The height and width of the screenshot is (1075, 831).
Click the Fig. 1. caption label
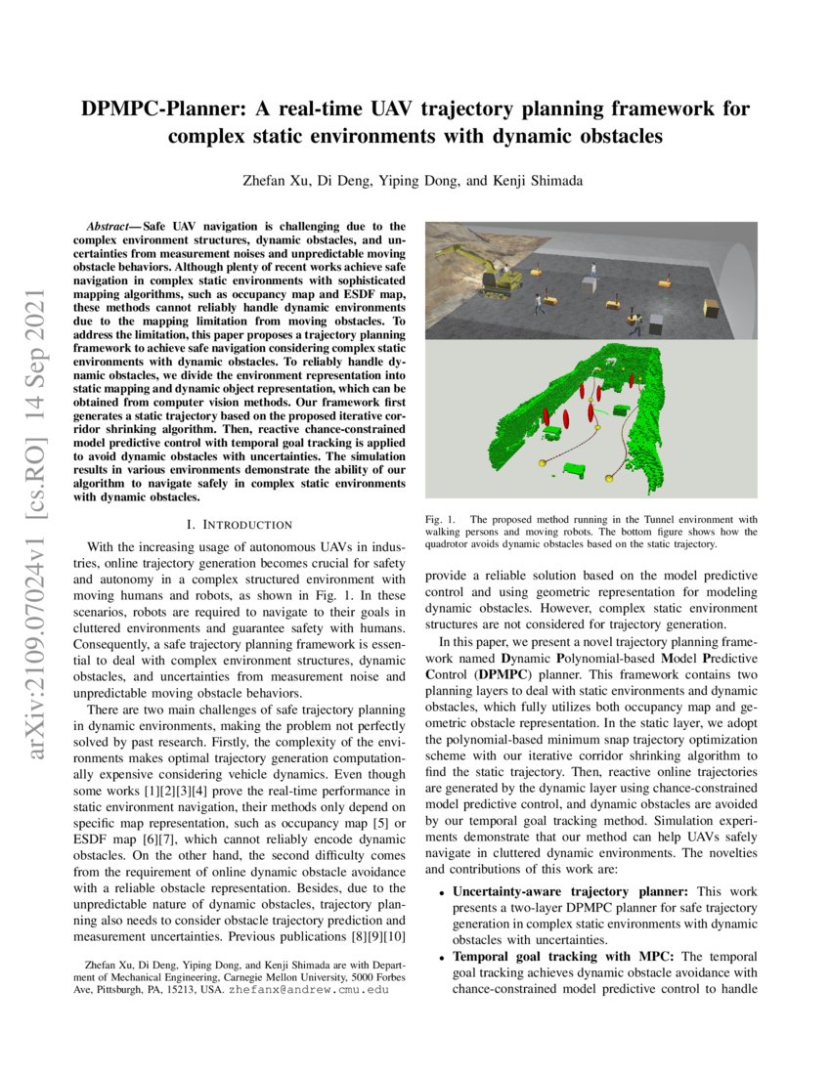439,519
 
